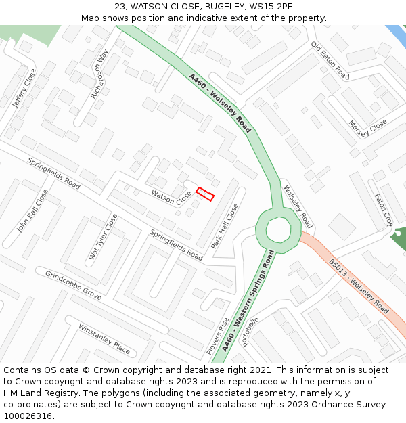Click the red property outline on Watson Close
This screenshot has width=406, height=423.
pyautogui.click(x=205, y=194)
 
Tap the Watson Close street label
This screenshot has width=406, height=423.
pyautogui.click(x=171, y=198)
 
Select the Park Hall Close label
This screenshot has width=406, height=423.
pyautogui.click(x=225, y=226)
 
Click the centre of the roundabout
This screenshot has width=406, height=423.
pyautogui.click(x=277, y=230)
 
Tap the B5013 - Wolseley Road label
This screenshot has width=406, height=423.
pyautogui.click(x=359, y=288)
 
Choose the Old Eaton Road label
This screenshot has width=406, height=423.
pyautogui.click(x=330, y=60)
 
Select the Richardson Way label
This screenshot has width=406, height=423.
pyautogui.click(x=99, y=74)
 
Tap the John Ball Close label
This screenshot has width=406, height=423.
pyautogui.click(x=32, y=210)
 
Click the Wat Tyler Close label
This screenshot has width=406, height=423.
pyautogui.click(x=103, y=237)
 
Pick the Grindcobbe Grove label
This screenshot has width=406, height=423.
pyautogui.click(x=73, y=286)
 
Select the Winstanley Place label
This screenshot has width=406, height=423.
pyautogui.click(x=104, y=338)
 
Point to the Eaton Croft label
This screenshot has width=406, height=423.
pyautogui.click(x=384, y=210)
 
